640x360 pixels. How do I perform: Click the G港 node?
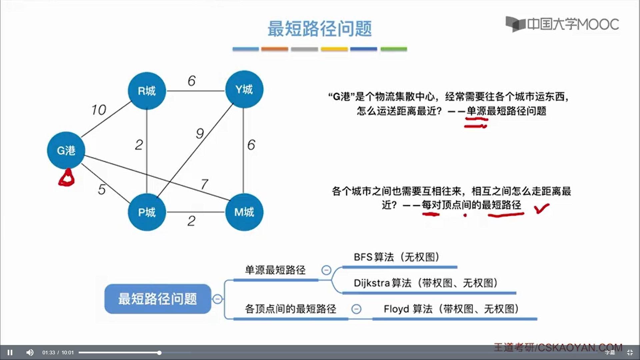pyautogui.click(x=66, y=150)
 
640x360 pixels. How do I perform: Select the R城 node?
pyautogui.click(x=147, y=91)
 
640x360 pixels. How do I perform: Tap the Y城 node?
pyautogui.click(x=244, y=89)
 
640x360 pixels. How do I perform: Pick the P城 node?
pyautogui.click(x=147, y=212)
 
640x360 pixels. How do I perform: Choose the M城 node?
pyautogui.click(x=244, y=212)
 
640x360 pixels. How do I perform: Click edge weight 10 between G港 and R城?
pyautogui.click(x=99, y=110)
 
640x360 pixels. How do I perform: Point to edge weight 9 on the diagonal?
pyautogui.click(x=200, y=133)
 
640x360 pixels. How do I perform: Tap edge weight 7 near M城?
pyautogui.click(x=204, y=184)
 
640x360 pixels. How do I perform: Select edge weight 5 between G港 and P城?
pyautogui.click(x=102, y=189)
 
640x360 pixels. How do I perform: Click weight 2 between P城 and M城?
pyautogui.click(x=191, y=221)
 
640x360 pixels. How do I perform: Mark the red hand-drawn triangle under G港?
pyautogui.click(x=67, y=178)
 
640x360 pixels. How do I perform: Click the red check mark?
pyautogui.click(x=541, y=209)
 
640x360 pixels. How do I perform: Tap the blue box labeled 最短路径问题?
pyautogui.click(x=158, y=299)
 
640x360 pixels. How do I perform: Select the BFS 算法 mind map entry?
pyautogui.click(x=396, y=257)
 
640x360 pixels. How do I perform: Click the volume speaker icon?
pyautogui.click(x=30, y=352)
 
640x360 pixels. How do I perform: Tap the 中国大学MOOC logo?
pyautogui.click(x=562, y=24)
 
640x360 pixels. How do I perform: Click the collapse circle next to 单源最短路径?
pyautogui.click(x=326, y=270)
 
